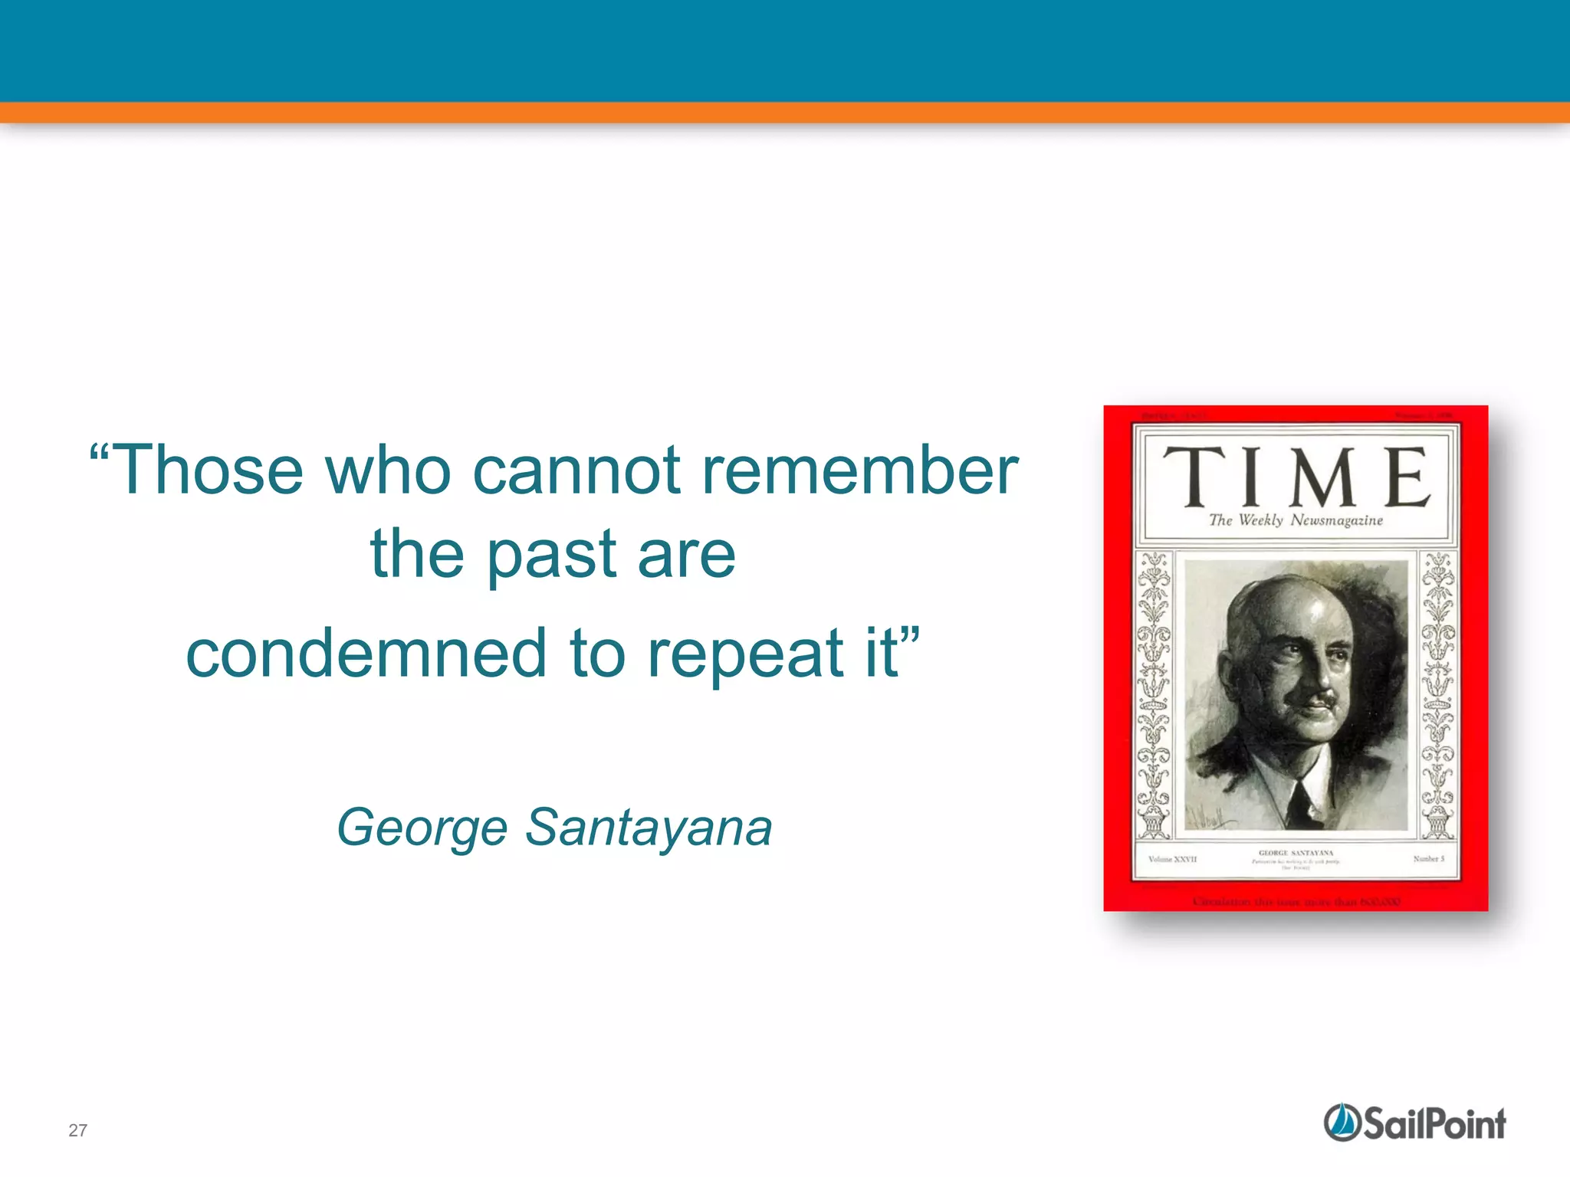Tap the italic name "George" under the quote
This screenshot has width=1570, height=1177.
[422, 828]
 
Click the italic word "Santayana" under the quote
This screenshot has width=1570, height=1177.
[649, 828]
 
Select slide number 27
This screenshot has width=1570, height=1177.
[77, 1130]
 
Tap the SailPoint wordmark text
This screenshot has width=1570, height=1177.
[1434, 1124]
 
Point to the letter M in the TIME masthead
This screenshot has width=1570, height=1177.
[1324, 477]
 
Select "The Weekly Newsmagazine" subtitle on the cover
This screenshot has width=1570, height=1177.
[1296, 520]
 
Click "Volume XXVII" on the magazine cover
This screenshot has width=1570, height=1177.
[1172, 859]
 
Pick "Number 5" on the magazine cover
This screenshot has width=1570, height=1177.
[1429, 859]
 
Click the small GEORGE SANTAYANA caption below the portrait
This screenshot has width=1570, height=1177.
[1296, 853]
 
